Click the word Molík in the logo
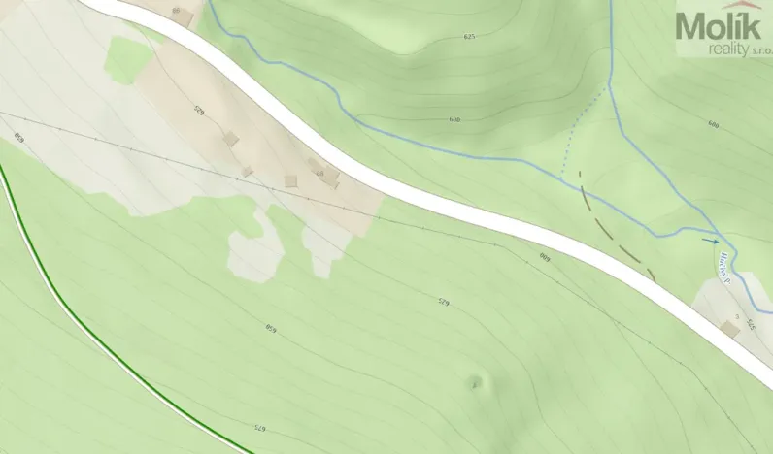click(x=719, y=26)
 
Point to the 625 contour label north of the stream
click(x=470, y=36)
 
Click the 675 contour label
click(x=259, y=428)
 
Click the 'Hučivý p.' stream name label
click(x=723, y=273)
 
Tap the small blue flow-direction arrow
click(x=712, y=241)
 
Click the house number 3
click(x=738, y=317)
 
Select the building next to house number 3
click(x=729, y=329)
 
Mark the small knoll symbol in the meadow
click(x=475, y=381)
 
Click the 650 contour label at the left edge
click(x=17, y=137)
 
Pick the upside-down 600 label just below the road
click(x=545, y=258)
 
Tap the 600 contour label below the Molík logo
click(x=714, y=124)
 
